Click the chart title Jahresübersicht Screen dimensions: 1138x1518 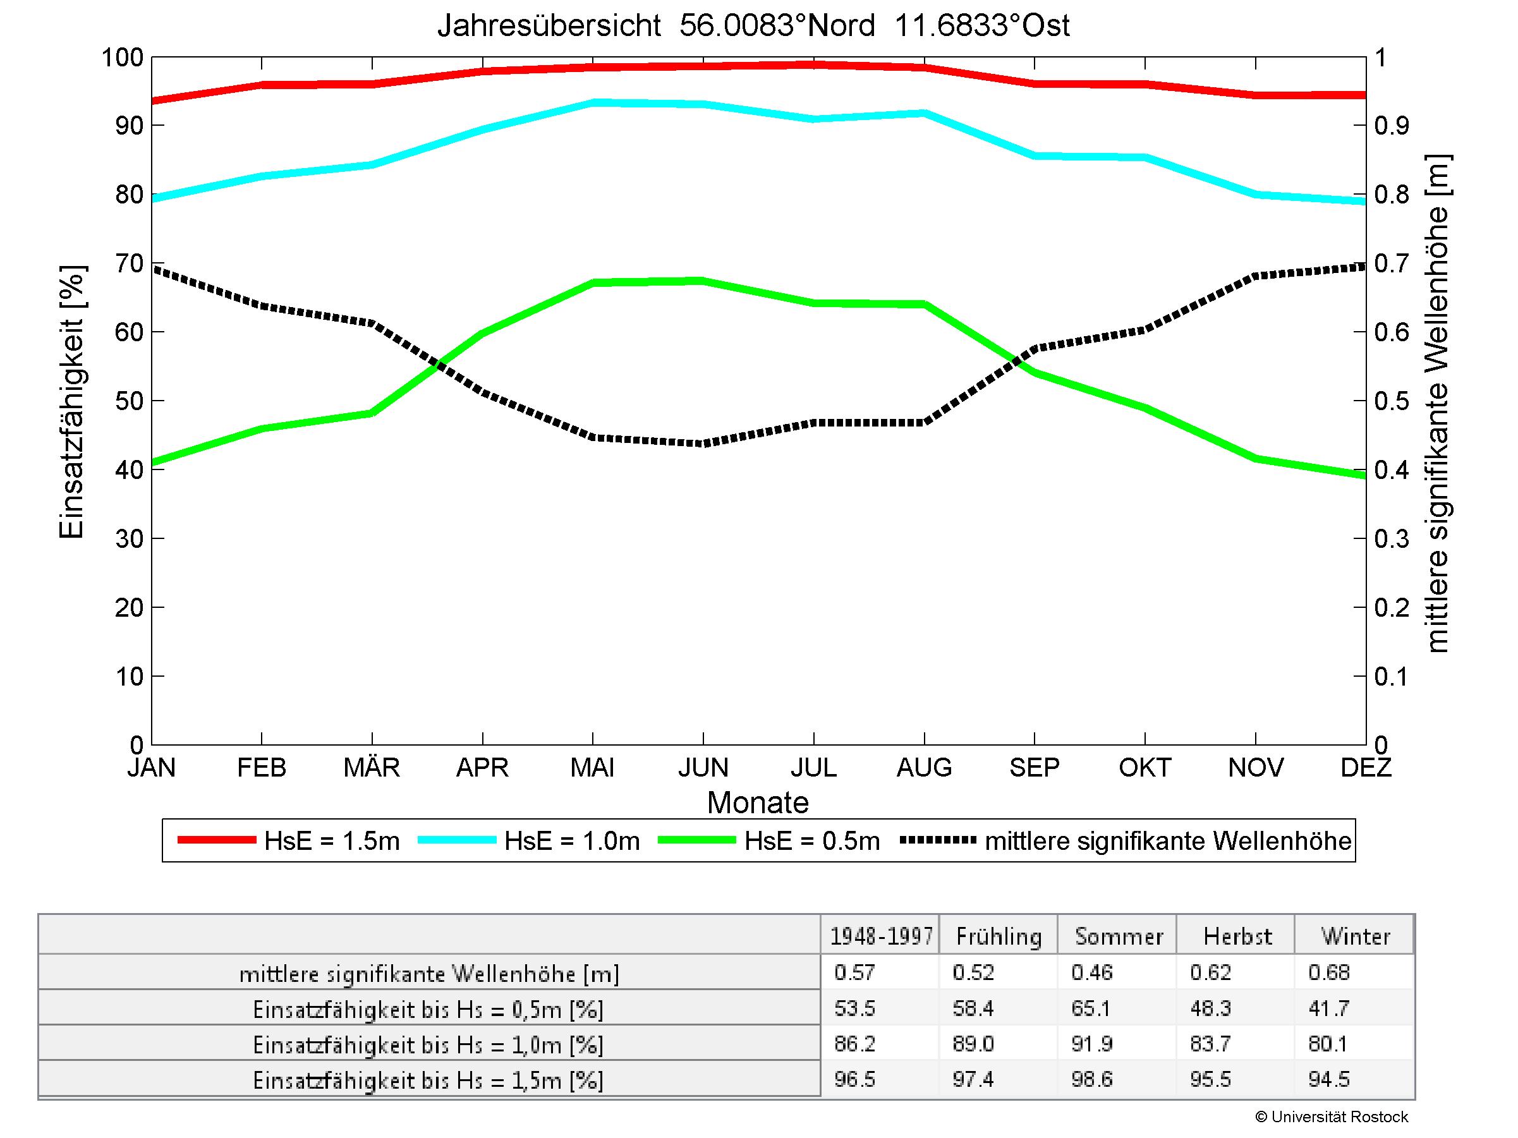tap(753, 26)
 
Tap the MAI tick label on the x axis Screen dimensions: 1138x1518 tap(592, 767)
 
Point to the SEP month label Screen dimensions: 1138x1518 tap(1034, 767)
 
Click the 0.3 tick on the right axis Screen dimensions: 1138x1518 tap(1391, 538)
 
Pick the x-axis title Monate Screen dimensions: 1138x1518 tap(758, 802)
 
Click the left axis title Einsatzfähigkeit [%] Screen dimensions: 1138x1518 tap(71, 402)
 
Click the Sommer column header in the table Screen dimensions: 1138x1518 tap(1119, 936)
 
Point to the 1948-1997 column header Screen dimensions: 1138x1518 tap(881, 936)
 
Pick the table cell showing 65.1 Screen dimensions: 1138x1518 tap(1092, 1008)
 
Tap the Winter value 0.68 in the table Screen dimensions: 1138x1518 tap(1329, 972)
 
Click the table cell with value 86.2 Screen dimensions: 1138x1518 tap(854, 1044)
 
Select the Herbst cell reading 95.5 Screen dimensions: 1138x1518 tap(1211, 1080)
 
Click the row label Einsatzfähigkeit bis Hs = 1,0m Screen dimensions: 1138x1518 tap(428, 1044)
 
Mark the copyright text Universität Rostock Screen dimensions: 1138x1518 tap(1332, 1117)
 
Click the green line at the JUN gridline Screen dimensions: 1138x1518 tap(703, 281)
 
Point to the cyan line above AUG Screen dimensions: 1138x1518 tap(925, 113)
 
